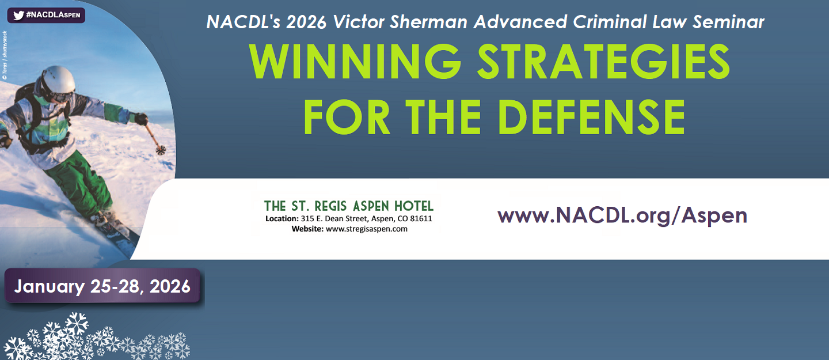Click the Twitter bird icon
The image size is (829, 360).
coord(18,15)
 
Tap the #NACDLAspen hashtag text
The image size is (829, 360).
coord(54,15)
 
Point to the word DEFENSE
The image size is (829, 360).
coord(591,117)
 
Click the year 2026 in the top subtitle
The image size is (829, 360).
coord(306,22)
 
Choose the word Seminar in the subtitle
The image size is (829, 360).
coord(728,22)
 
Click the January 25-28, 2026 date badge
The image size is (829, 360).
coord(102,286)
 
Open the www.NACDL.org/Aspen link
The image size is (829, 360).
coord(622,215)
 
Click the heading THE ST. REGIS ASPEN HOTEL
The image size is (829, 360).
coord(349,206)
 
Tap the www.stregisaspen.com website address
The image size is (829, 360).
coord(366,229)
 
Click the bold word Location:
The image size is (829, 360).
coord(282,218)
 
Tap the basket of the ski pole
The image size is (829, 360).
coord(161,150)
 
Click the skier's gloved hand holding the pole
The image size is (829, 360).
coord(141,119)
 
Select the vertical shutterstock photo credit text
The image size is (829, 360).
coord(5,55)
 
